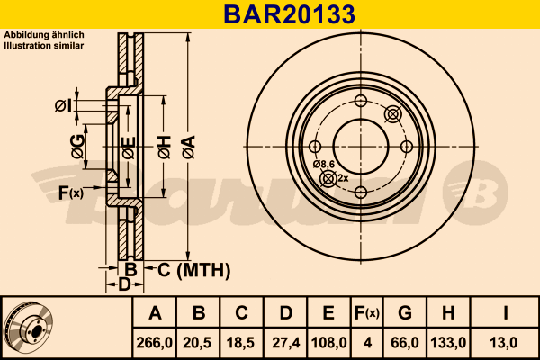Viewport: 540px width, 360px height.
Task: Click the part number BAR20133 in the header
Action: coord(289,14)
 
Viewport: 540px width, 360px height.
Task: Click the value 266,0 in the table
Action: coord(154,343)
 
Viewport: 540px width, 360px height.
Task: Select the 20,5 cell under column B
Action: coord(197,343)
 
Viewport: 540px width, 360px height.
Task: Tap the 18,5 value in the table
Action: coord(240,343)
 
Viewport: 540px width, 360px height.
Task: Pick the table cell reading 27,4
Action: coord(286,343)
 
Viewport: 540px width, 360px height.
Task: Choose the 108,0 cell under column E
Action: coord(328,343)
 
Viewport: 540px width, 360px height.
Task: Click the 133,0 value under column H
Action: coord(448,343)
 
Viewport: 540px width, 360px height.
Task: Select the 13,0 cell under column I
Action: coord(503,343)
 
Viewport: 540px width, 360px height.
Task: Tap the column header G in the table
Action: coord(405,313)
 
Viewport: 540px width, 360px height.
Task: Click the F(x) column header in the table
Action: coord(367,313)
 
